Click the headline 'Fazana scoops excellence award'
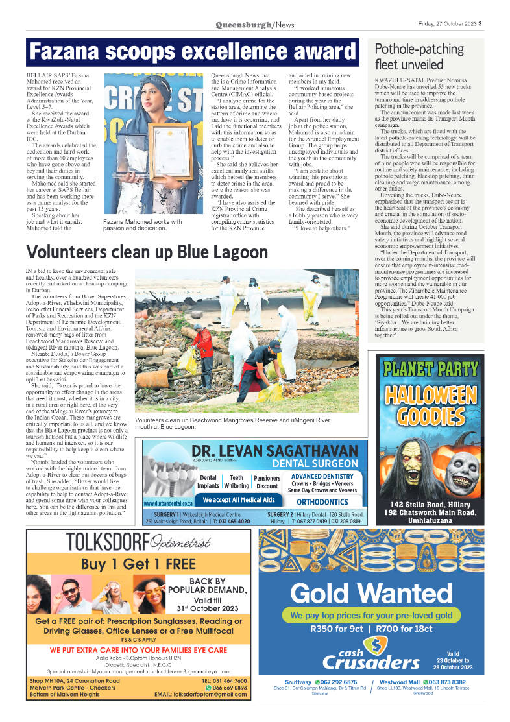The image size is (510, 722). coord(193,53)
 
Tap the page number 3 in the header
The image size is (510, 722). coord(481,25)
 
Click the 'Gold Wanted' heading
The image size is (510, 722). coord(371,593)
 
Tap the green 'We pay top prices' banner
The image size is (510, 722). coord(371,615)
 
